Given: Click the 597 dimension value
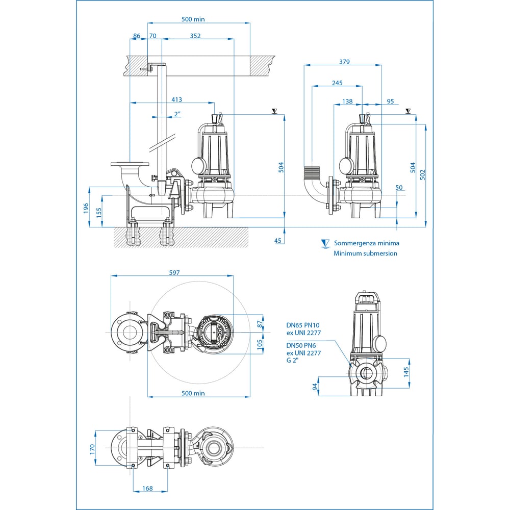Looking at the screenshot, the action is pyautogui.click(x=174, y=272).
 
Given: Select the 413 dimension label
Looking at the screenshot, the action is pyautogui.click(x=176, y=99).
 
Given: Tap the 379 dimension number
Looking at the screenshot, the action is pyautogui.click(x=344, y=62).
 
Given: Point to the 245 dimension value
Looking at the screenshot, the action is pyautogui.click(x=337, y=83).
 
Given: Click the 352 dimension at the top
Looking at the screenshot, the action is pyautogui.click(x=195, y=36).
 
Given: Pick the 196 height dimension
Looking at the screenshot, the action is pyautogui.click(x=86, y=208).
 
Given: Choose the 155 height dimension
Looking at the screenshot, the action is pyautogui.click(x=99, y=213).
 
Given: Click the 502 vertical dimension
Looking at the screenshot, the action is pyautogui.click(x=422, y=174).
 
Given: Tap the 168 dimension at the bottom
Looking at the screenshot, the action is pyautogui.click(x=147, y=488).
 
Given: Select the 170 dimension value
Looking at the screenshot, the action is pyautogui.click(x=92, y=449).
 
